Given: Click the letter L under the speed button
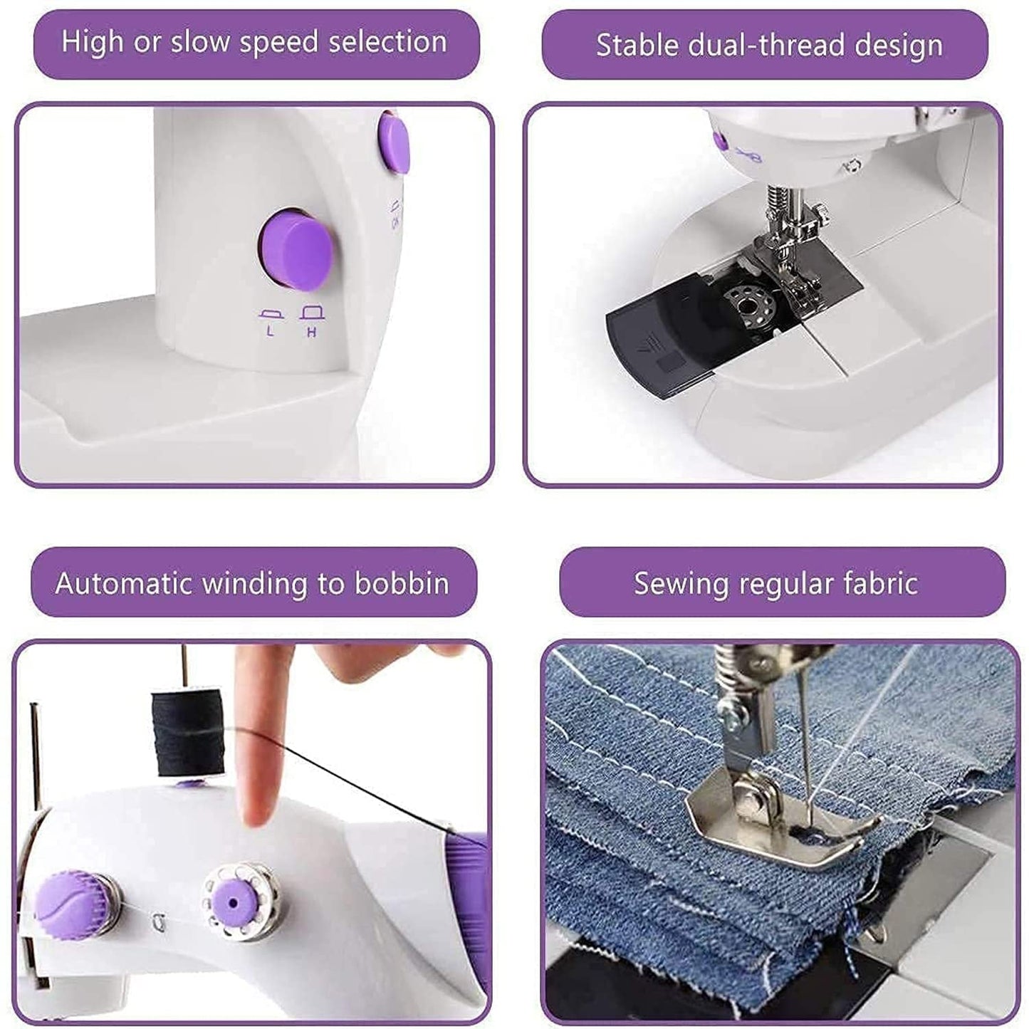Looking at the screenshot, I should (x=269, y=331).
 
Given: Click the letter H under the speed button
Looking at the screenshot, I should (x=311, y=332).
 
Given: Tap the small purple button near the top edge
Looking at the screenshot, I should (x=394, y=143).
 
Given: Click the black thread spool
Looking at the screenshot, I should (x=187, y=732).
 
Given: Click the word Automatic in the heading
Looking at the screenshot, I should (x=124, y=583).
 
